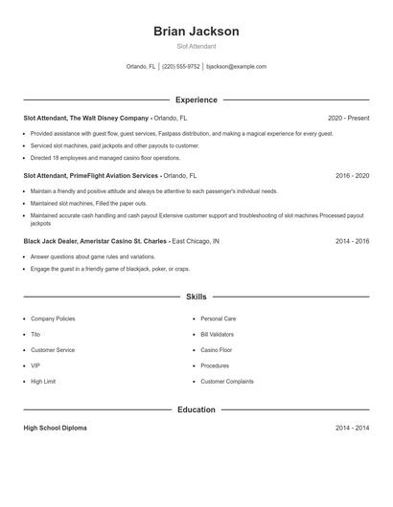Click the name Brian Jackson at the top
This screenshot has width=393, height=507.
196,31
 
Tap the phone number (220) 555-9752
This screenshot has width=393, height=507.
181,67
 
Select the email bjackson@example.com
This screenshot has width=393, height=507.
237,67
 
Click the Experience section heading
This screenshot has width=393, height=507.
196,99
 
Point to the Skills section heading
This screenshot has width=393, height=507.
196,298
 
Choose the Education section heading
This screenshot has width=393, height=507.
196,409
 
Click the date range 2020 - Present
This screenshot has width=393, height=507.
348,118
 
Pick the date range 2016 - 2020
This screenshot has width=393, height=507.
352,176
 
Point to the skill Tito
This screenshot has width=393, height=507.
35,334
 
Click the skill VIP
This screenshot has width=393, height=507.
35,365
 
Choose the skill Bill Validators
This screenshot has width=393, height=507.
218,334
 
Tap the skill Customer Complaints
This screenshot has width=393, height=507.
227,382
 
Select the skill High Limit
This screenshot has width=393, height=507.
43,382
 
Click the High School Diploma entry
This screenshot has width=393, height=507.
57,428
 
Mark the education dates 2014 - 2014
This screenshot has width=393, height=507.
352,428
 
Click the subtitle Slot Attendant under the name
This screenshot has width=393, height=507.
196,46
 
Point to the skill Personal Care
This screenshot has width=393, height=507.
218,319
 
